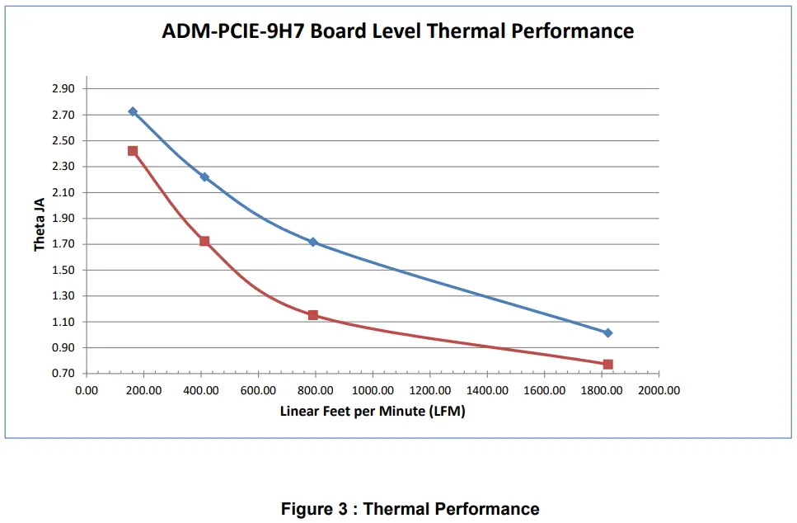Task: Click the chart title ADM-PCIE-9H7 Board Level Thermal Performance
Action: [398, 32]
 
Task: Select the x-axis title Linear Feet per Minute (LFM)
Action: [373, 412]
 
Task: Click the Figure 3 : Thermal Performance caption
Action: [410, 509]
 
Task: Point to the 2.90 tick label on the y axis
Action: [63, 89]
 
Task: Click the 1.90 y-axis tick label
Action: [63, 219]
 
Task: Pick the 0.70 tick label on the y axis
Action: [63, 374]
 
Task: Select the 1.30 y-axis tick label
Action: [63, 296]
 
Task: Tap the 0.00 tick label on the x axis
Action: [87, 390]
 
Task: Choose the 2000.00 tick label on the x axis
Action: [659, 390]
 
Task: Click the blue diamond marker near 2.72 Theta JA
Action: [133, 111]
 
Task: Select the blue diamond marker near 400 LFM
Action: [204, 177]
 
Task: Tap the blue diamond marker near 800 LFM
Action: [313, 243]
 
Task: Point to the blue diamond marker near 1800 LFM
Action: [607, 333]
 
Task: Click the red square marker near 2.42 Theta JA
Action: [133, 151]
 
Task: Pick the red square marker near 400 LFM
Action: [204, 242]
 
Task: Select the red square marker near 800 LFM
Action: [313, 315]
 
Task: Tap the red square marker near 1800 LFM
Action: [607, 364]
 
